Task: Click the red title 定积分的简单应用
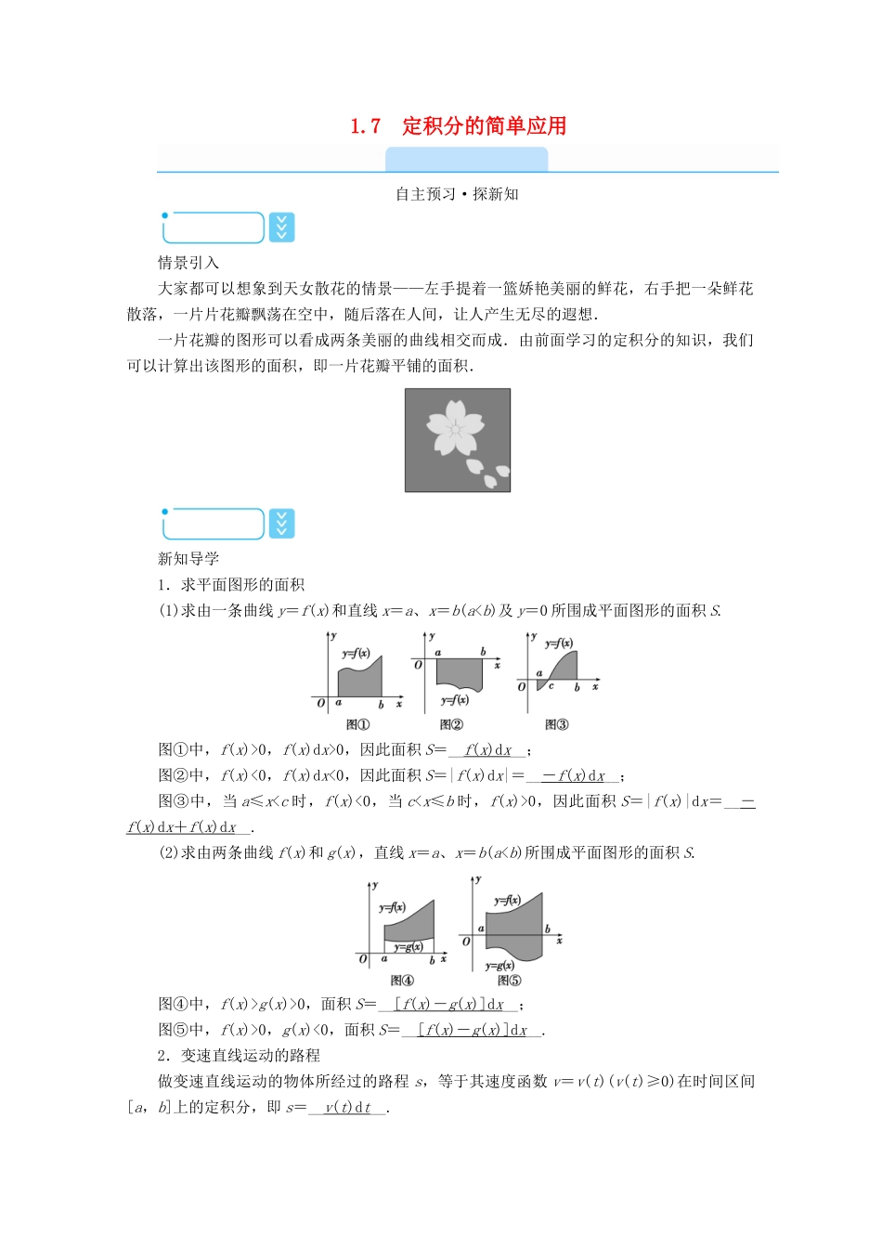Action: pyautogui.click(x=484, y=126)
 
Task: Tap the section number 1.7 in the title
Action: pyautogui.click(x=365, y=126)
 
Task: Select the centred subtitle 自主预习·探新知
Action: pyautogui.click(x=457, y=194)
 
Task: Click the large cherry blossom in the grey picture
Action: pyautogui.click(x=454, y=428)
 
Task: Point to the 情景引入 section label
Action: pyautogui.click(x=188, y=263)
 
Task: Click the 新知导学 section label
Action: pyautogui.click(x=188, y=559)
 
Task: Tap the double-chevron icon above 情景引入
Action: pyautogui.click(x=281, y=227)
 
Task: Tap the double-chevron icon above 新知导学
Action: pyautogui.click(x=281, y=524)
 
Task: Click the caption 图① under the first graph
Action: pyautogui.click(x=357, y=725)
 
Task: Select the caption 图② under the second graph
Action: pyautogui.click(x=451, y=725)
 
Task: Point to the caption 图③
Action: pyautogui.click(x=556, y=725)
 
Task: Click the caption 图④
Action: pyautogui.click(x=402, y=981)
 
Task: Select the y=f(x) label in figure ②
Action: pyautogui.click(x=455, y=700)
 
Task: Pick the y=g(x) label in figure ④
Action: pyautogui.click(x=409, y=947)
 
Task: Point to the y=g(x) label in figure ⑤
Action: pyautogui.click(x=499, y=966)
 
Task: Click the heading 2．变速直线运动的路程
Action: pyautogui.click(x=239, y=1056)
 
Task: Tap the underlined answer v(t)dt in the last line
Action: pyautogui.click(x=347, y=1108)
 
